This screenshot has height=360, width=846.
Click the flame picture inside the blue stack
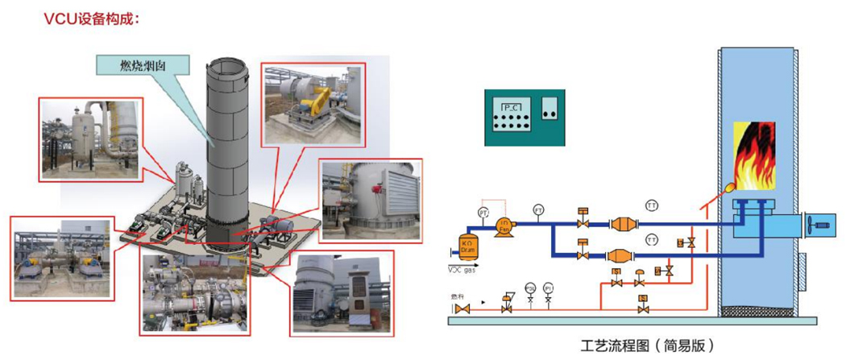754,153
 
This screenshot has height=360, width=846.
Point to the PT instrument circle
483,212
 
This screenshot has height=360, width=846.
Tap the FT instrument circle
538,211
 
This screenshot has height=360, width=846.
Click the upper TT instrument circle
652,206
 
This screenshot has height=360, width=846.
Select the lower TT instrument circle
652,239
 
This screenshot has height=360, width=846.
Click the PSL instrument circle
530,287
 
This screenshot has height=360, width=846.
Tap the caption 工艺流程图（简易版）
647,346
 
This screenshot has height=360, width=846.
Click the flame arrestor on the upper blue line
622,225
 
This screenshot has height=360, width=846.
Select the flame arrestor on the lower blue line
622,254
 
